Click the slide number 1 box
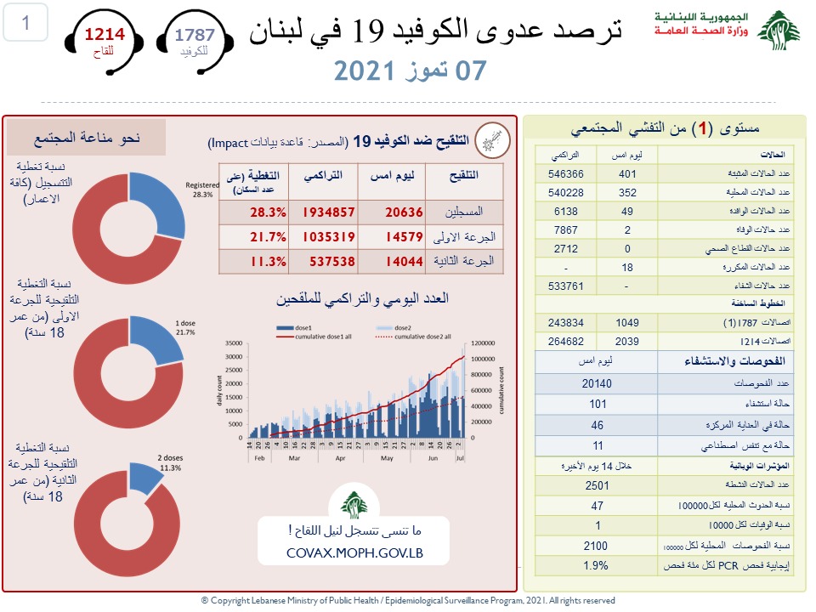click(26, 24)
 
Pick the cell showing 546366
click(560, 173)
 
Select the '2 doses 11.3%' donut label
click(170, 463)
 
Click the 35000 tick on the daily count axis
click(234, 343)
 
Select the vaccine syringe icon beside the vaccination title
click(492, 139)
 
